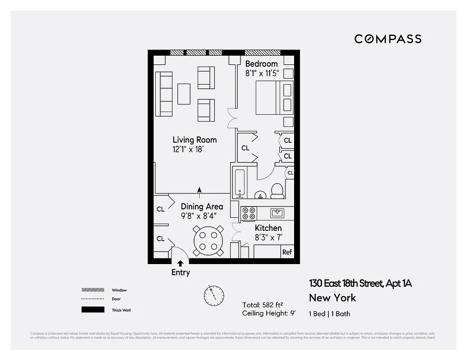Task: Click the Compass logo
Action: [388, 39]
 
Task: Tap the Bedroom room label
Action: [261, 63]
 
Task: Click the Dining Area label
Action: [202, 207]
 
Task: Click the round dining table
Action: [208, 240]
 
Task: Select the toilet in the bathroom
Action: [277, 191]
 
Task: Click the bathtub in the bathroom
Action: [239, 182]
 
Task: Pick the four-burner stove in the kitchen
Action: [249, 213]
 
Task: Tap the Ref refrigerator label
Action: [287, 252]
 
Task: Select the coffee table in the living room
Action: [184, 94]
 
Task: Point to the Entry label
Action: [181, 272]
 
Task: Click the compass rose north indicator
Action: [213, 294]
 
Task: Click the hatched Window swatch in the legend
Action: [93, 290]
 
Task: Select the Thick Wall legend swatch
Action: [93, 310]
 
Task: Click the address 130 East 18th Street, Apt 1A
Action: [360, 283]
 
